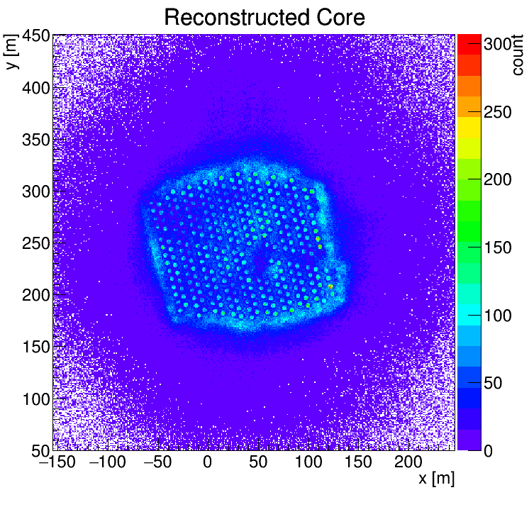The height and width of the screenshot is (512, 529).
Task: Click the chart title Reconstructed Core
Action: click(264, 17)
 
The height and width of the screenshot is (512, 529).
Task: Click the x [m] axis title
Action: click(435, 479)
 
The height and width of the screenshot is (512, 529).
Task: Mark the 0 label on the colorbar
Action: click(489, 451)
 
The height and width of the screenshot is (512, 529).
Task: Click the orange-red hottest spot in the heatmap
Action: click(330, 286)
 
